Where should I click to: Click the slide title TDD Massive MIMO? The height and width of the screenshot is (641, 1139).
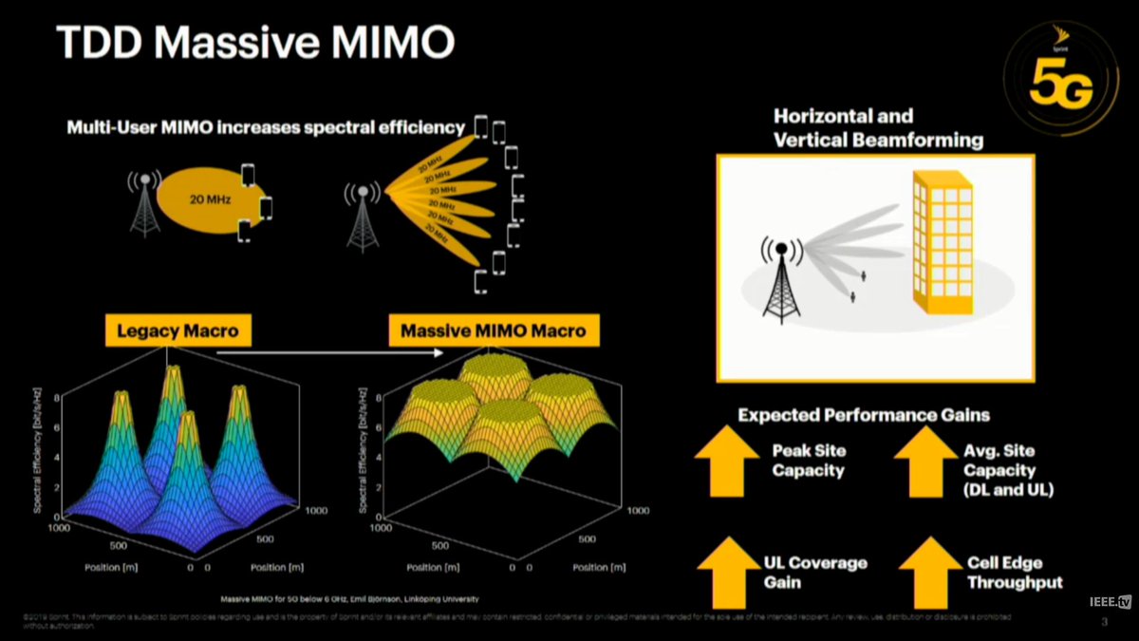tap(254, 43)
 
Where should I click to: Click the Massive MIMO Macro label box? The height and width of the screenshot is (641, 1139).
tap(494, 331)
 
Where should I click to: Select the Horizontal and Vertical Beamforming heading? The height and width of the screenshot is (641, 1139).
tap(878, 128)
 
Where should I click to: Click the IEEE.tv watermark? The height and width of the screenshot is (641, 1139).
tap(1111, 602)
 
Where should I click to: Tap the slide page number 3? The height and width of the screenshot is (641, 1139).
tap(1104, 623)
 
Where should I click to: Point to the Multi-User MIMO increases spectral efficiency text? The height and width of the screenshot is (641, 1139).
tap(266, 127)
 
